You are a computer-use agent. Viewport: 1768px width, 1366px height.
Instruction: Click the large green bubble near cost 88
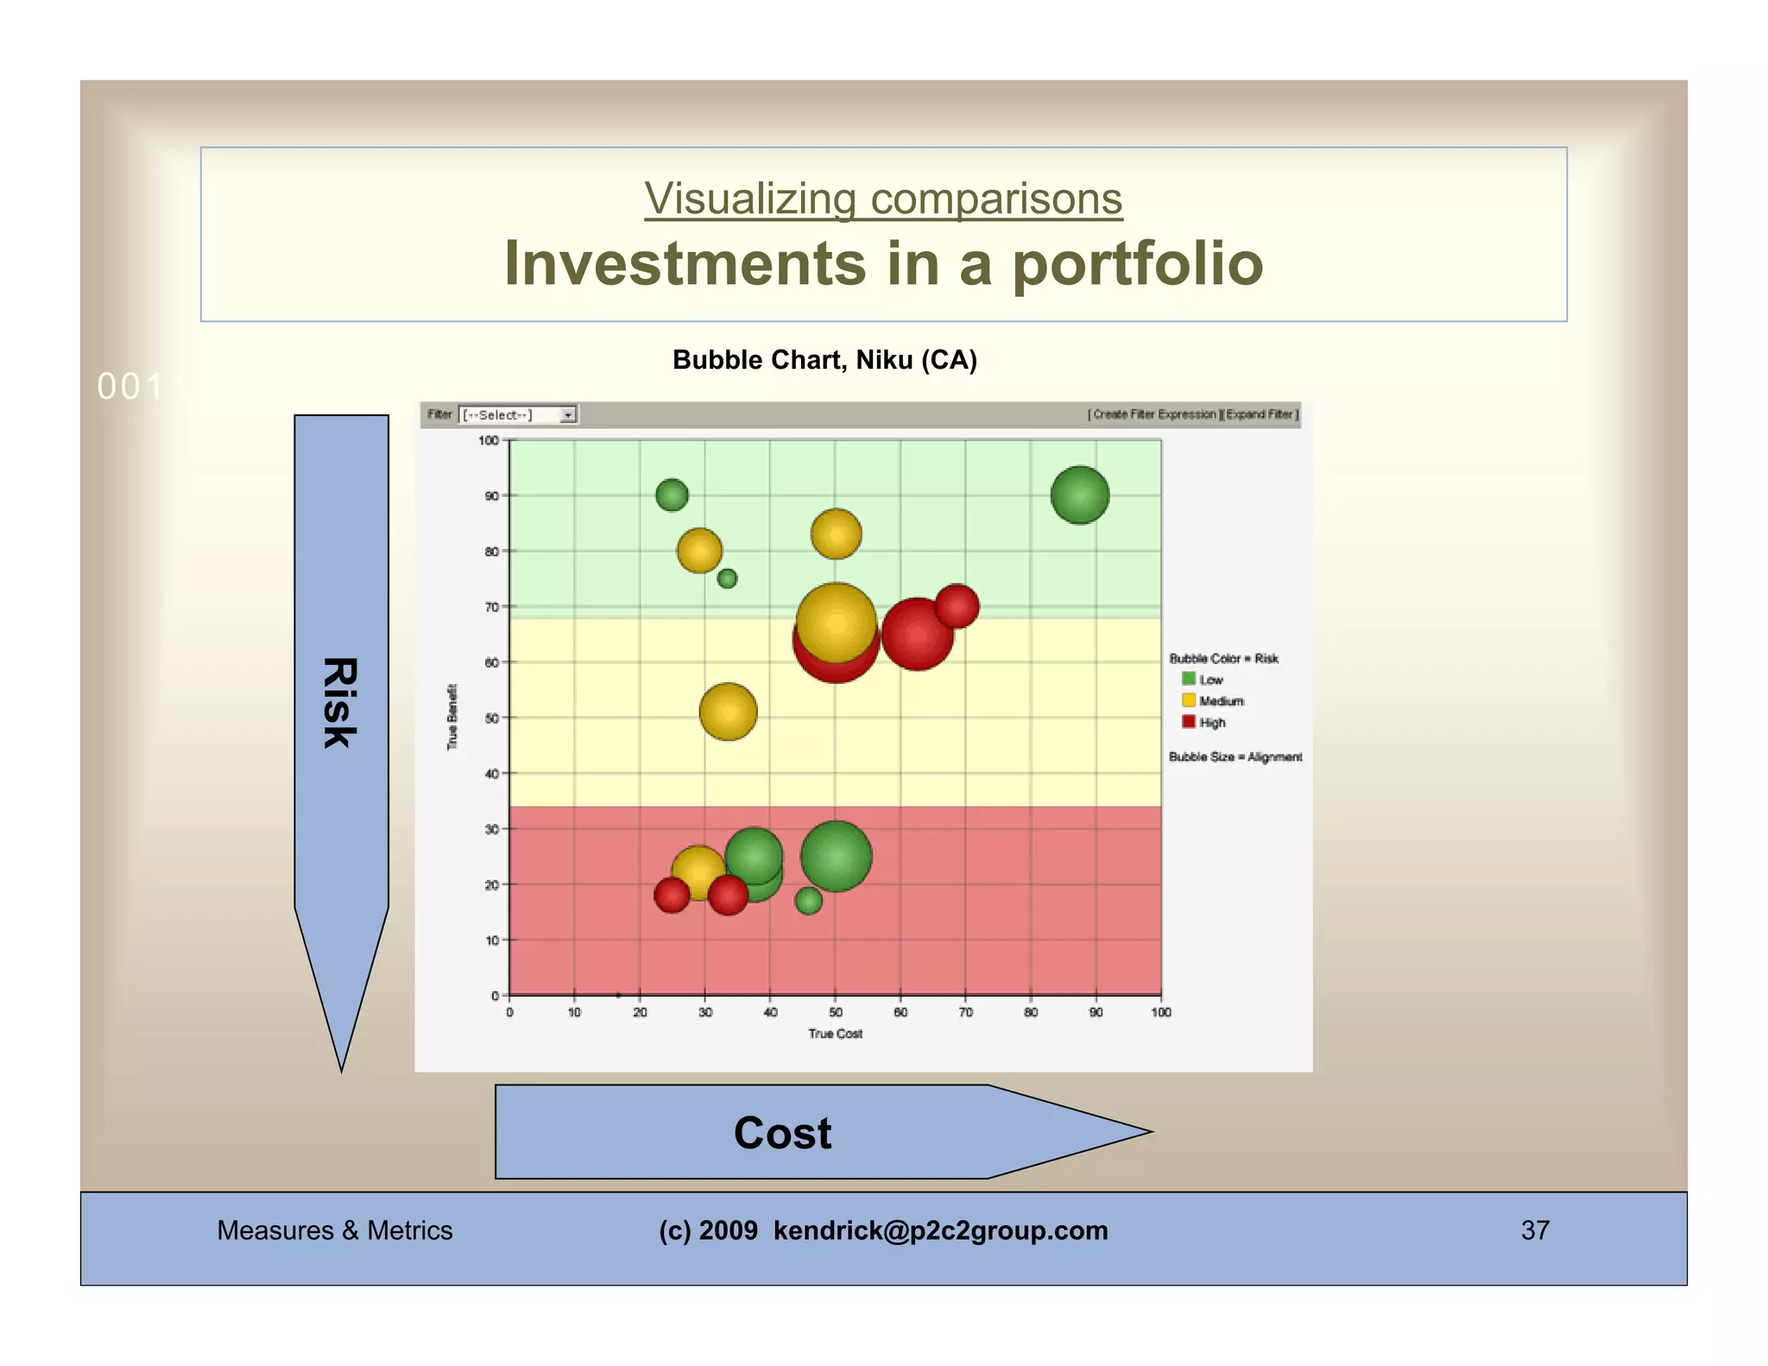click(x=1079, y=495)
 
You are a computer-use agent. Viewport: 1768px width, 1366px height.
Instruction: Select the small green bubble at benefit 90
click(x=672, y=495)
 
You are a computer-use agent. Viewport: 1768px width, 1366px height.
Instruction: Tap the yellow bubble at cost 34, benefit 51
click(x=728, y=711)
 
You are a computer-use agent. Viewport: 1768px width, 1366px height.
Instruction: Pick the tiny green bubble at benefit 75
click(x=727, y=578)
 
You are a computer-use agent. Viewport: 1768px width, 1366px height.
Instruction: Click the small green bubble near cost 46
click(x=808, y=901)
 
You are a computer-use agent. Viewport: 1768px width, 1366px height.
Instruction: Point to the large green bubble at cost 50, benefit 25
click(x=836, y=856)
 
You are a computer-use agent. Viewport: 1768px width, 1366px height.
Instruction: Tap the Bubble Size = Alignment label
click(x=1234, y=756)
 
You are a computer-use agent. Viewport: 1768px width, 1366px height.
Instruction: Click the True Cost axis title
click(x=835, y=1034)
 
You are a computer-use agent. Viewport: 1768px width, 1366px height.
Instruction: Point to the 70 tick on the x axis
click(x=965, y=1012)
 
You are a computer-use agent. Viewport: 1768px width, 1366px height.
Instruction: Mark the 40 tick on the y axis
click(x=491, y=774)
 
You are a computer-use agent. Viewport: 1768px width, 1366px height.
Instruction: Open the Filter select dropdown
click(x=517, y=415)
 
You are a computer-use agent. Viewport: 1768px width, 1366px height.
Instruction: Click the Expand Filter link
click(x=1260, y=414)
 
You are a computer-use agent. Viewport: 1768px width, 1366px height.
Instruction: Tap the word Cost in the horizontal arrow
click(x=782, y=1133)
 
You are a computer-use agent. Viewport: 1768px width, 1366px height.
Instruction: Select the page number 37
click(x=1534, y=1230)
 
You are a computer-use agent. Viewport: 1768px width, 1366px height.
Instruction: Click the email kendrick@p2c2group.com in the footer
click(x=939, y=1230)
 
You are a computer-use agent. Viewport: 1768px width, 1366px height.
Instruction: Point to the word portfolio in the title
click(x=1137, y=263)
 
